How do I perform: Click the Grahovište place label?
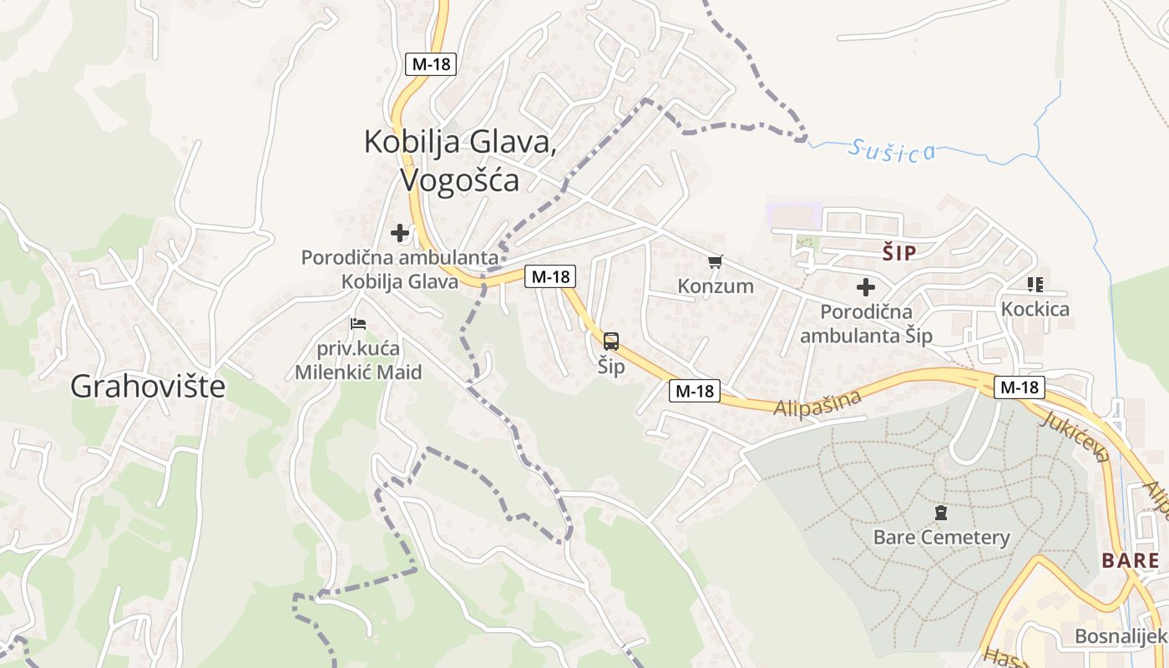(x=148, y=386)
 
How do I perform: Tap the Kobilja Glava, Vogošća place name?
(x=460, y=160)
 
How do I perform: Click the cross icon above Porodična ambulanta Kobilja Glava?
(x=401, y=232)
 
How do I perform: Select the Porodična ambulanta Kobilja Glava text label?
(x=400, y=270)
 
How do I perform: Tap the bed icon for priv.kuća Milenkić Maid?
(x=358, y=323)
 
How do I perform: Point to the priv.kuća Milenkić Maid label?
(x=358, y=360)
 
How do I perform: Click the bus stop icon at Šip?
(x=611, y=341)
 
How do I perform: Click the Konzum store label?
(x=715, y=286)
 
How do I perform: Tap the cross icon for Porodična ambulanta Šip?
(x=866, y=288)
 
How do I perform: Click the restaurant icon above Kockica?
(x=1035, y=285)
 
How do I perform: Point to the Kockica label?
(x=1035, y=310)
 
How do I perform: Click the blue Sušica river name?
(x=892, y=151)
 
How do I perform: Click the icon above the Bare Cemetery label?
(x=941, y=512)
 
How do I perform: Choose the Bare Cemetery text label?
(x=941, y=537)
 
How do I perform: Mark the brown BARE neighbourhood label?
(x=1131, y=560)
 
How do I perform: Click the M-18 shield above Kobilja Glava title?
(x=432, y=64)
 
